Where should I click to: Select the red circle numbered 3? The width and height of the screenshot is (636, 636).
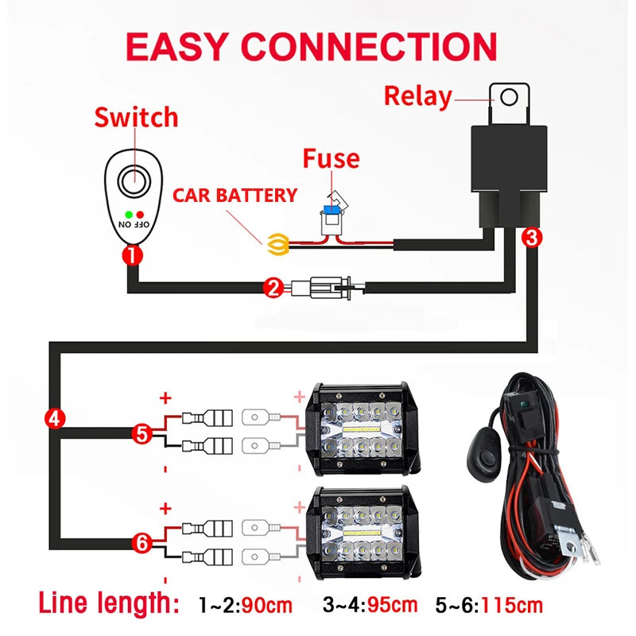tap(533, 236)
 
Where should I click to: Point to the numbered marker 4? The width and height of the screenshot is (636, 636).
tap(53, 418)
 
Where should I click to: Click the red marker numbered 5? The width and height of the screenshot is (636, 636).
tap(142, 433)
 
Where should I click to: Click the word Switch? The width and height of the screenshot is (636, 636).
tap(136, 118)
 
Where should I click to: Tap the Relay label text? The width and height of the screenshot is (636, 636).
tap(417, 96)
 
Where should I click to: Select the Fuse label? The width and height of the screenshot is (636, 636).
tap(331, 158)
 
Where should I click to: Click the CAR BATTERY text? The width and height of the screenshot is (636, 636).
tap(235, 195)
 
